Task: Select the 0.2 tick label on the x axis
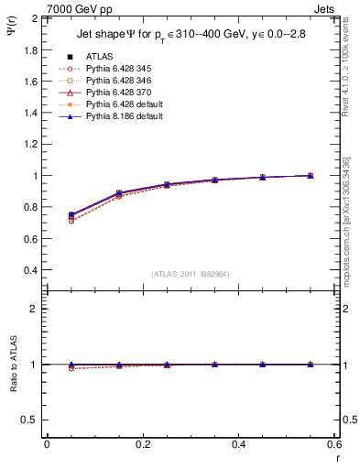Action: [142, 444]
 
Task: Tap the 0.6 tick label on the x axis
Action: [334, 444]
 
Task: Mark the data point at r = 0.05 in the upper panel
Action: [71, 216]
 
